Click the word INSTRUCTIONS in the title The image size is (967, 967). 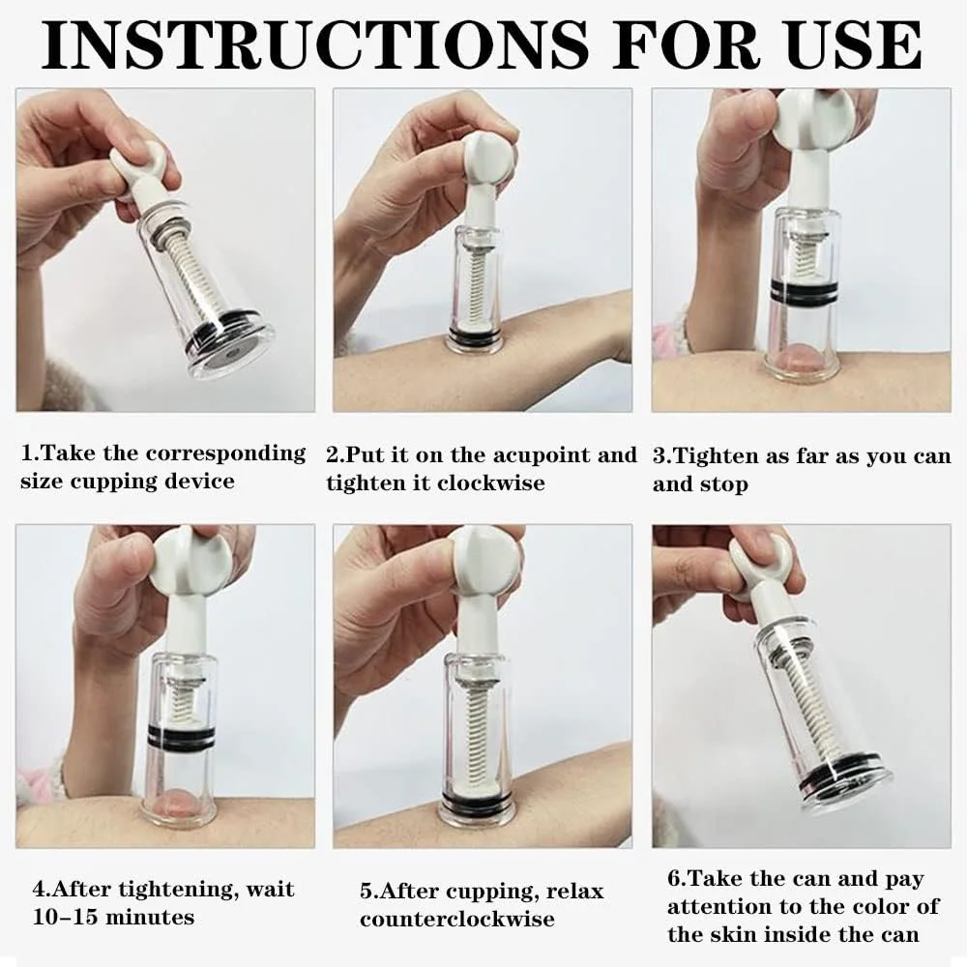pyautogui.click(x=314, y=44)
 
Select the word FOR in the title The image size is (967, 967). pyautogui.click(x=686, y=44)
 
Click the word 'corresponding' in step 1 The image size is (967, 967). pyautogui.click(x=225, y=454)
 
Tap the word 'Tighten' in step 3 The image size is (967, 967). pyautogui.click(x=715, y=457)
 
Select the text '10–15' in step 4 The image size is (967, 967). pyautogui.click(x=63, y=917)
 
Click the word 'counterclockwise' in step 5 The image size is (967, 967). pyautogui.click(x=457, y=919)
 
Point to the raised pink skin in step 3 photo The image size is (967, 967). pyautogui.click(x=795, y=359)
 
